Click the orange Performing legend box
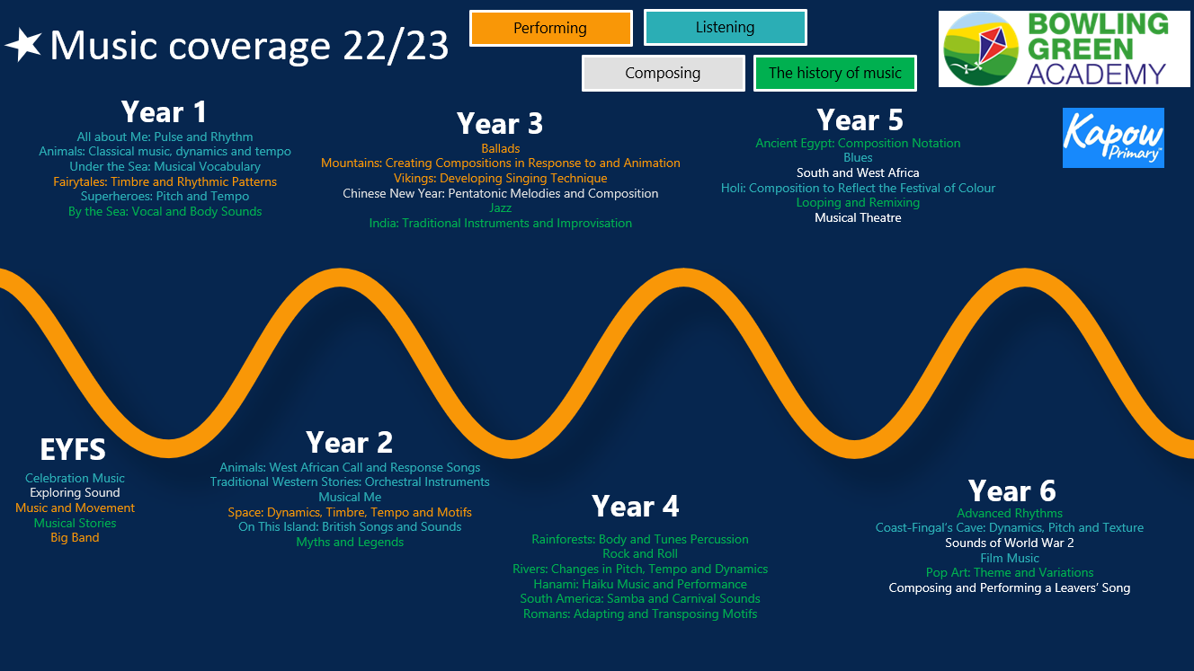coord(550,28)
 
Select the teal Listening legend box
coord(725,27)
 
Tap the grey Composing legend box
coord(664,73)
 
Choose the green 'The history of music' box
coord(834,73)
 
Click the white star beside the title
coord(23,45)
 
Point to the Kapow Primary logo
coord(1113,138)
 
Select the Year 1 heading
coord(164,111)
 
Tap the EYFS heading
coord(73,449)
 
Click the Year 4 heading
coord(636,506)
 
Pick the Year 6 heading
coord(1011,490)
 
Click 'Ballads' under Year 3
coord(501,148)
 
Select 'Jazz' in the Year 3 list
coord(501,208)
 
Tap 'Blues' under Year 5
coord(858,157)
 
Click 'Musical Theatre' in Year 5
coord(858,217)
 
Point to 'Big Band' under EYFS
coord(75,538)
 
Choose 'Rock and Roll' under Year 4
coord(639,554)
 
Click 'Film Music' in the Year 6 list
coord(1010,558)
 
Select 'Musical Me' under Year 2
coord(350,498)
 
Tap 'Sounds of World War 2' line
coord(1010,543)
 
